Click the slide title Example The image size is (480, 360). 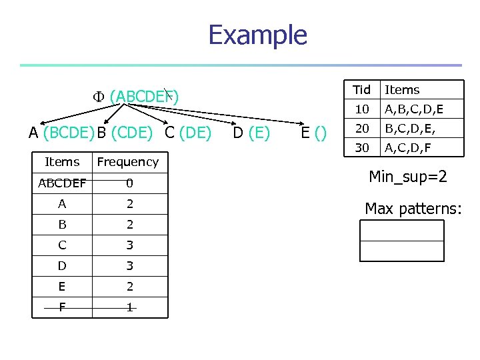pos(257,35)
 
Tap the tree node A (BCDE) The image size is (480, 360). pos(61,133)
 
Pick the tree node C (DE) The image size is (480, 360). pos(188,133)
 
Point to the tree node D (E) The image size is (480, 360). pos(251,133)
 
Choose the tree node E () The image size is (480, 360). pos(314,133)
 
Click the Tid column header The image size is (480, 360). pos(362,90)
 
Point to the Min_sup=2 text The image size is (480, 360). pos(408,177)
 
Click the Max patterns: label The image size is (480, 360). pos(413,208)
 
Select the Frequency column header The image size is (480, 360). pos(128,162)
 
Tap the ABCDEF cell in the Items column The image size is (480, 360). pos(62,183)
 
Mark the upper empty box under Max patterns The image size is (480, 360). pos(401,230)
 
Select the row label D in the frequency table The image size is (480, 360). pos(62,266)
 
